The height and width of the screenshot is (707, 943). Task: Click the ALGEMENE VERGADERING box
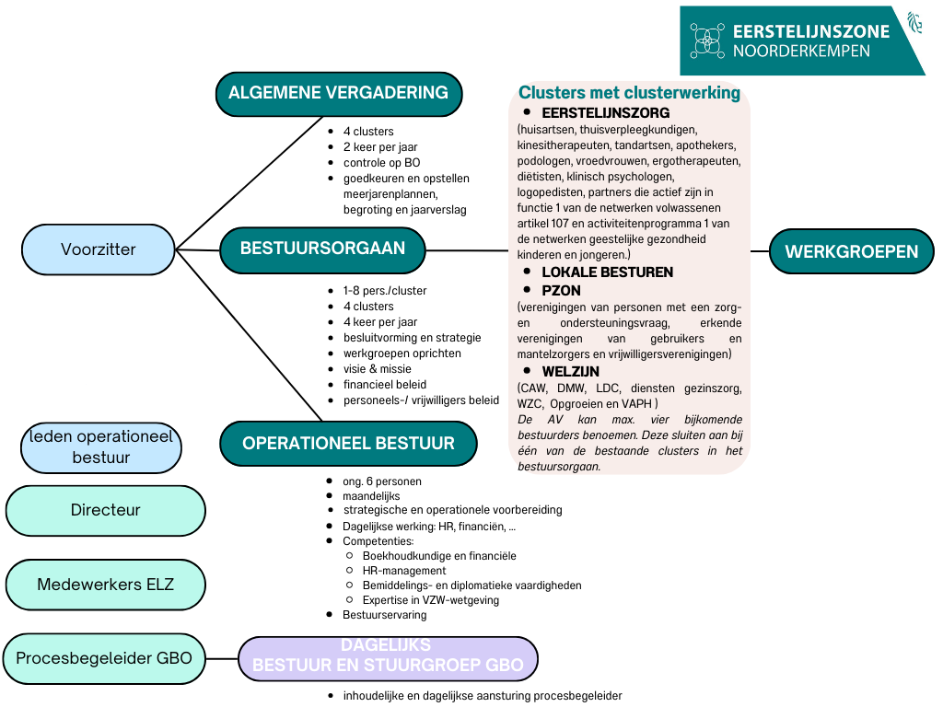tap(338, 92)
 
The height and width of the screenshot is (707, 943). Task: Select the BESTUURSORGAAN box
tap(324, 249)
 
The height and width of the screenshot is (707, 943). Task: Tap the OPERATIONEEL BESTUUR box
tap(348, 443)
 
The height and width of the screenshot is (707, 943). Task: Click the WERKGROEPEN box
tap(851, 251)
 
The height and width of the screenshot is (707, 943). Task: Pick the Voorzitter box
tap(99, 249)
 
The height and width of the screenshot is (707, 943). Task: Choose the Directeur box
tap(105, 509)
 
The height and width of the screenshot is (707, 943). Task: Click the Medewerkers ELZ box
tap(105, 585)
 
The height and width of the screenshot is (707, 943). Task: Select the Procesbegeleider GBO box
tap(104, 658)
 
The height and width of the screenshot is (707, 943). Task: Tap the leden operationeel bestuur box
tap(101, 447)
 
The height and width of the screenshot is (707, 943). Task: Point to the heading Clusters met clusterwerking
tap(629, 93)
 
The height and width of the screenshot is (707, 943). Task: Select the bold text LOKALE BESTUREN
tap(607, 272)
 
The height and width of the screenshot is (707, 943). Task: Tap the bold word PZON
tap(561, 291)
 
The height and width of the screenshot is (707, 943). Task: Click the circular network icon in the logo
tap(706, 41)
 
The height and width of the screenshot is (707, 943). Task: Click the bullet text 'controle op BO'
tap(381, 163)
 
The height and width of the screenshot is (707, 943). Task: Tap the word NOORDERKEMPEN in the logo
tap(801, 52)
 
